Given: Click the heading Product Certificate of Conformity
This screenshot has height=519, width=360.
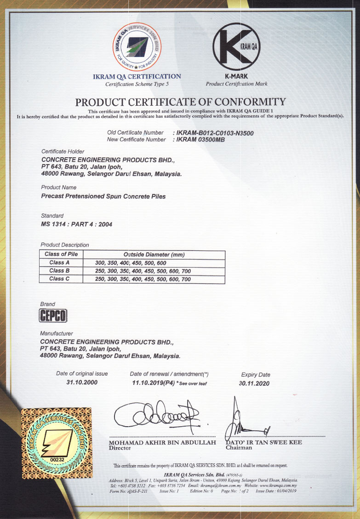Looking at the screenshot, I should (x=180, y=102).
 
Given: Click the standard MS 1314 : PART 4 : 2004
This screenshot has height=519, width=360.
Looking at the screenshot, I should (x=76, y=224).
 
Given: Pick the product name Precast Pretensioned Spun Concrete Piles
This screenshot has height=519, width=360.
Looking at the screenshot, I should (x=103, y=196).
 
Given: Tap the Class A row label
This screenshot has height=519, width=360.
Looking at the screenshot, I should (x=59, y=262).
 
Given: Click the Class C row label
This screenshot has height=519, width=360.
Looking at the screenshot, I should (x=59, y=279).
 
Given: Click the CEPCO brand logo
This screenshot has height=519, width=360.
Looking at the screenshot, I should (x=54, y=316).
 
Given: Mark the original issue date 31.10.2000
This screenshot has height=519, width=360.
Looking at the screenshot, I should (x=82, y=382).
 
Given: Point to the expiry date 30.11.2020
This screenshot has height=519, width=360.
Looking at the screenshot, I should (x=254, y=383).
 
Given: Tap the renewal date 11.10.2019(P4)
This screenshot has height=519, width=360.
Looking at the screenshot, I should (x=153, y=382).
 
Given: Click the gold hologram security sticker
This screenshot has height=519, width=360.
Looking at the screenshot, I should (x=56, y=443).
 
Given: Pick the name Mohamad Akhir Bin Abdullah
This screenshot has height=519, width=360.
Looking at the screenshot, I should (x=162, y=442).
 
